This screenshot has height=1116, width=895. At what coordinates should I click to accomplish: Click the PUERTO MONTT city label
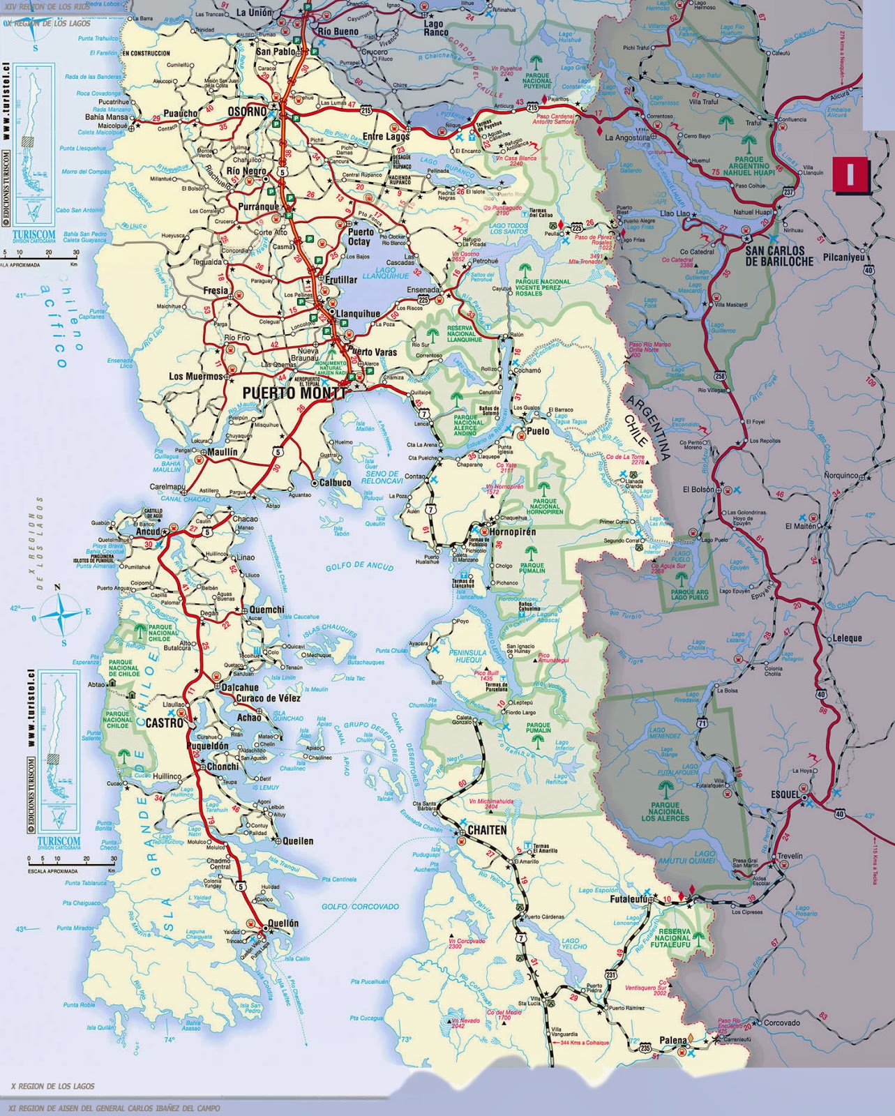(x=293, y=393)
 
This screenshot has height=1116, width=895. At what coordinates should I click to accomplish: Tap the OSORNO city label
(x=248, y=112)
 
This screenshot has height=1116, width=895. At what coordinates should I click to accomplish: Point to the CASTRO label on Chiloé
(x=164, y=724)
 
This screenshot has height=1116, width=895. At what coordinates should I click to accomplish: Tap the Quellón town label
(x=282, y=923)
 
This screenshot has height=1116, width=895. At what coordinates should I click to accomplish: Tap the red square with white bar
(x=849, y=174)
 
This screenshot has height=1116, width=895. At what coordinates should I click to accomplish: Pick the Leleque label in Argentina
(x=847, y=638)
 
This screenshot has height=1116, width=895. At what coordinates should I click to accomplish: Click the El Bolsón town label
(x=699, y=490)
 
